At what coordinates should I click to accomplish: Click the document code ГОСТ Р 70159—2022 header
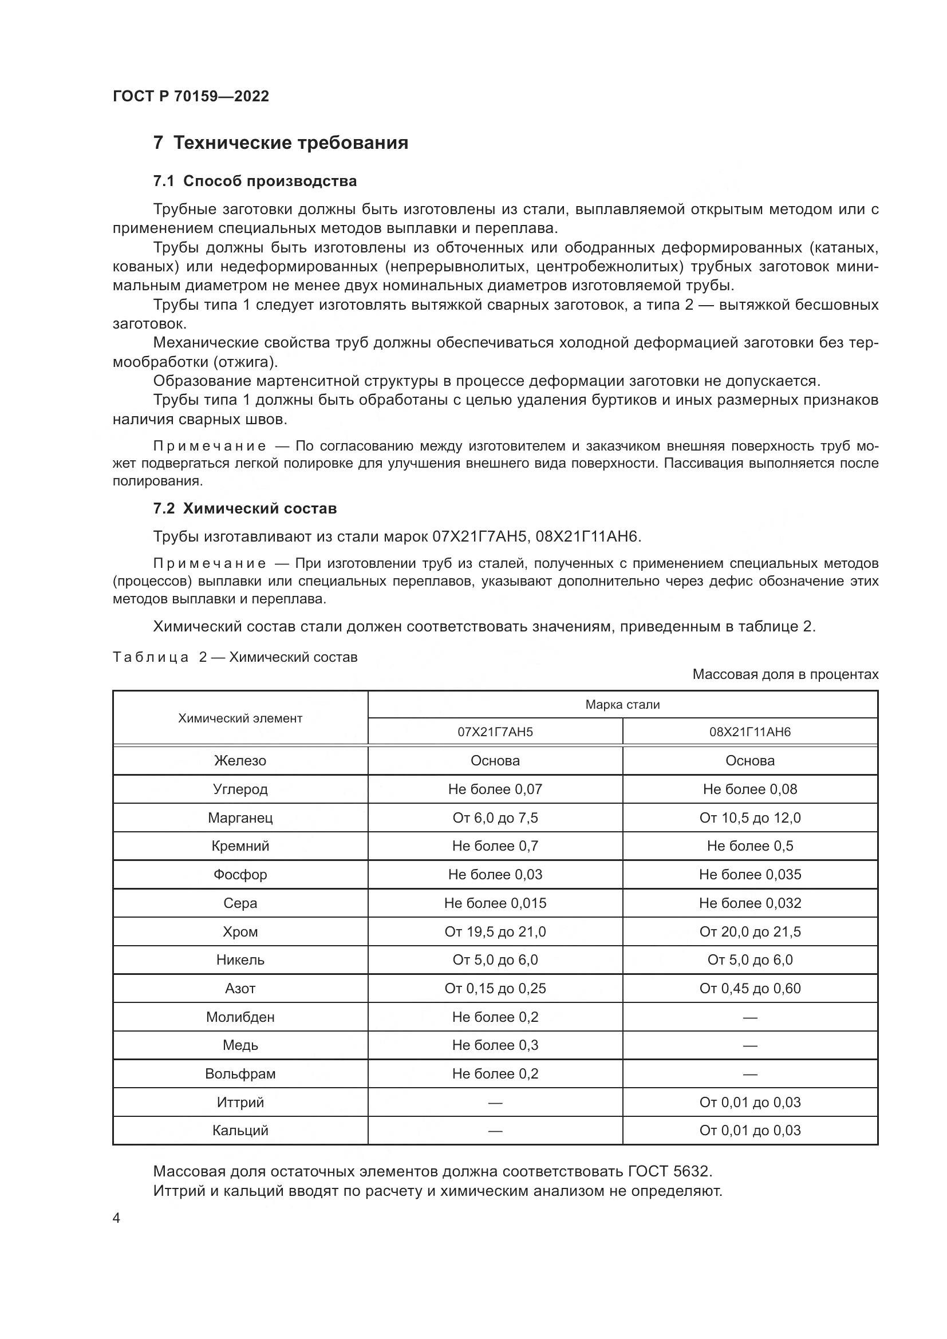(x=191, y=96)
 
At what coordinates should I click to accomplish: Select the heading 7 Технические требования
(x=281, y=143)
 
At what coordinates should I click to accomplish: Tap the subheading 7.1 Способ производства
(x=255, y=181)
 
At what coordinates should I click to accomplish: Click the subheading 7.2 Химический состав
(x=245, y=508)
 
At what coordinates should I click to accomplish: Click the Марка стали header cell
(x=622, y=705)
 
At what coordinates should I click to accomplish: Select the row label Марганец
(x=240, y=817)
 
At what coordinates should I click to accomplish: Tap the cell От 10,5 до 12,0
(x=749, y=817)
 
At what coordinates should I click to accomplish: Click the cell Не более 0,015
(x=495, y=903)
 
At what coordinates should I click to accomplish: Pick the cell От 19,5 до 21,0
(x=495, y=931)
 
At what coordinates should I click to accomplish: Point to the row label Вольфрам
(x=240, y=1073)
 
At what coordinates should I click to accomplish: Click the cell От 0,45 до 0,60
(x=749, y=989)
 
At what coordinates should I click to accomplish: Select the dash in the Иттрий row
(x=495, y=1102)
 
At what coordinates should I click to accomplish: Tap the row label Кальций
(x=240, y=1130)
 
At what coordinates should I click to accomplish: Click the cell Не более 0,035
(x=749, y=874)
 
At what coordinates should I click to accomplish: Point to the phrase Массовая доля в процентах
(x=785, y=674)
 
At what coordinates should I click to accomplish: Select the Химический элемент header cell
(x=240, y=718)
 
